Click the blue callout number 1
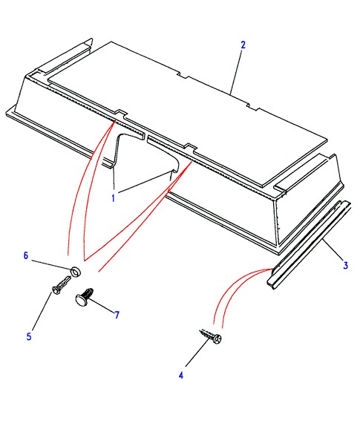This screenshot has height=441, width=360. pyautogui.click(x=114, y=198)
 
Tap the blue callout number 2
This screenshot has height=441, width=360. pyautogui.click(x=243, y=45)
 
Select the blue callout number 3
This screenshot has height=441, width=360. pyautogui.click(x=345, y=265)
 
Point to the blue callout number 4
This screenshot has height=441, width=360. pyautogui.click(x=181, y=375)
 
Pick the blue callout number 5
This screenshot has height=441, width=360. pyautogui.click(x=29, y=336)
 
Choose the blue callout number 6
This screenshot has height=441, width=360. pyautogui.click(x=26, y=255)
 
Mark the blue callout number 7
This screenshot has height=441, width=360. pyautogui.click(x=117, y=315)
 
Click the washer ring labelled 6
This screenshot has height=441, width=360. pyautogui.click(x=76, y=272)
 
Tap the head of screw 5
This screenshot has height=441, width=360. pyautogui.click(x=56, y=290)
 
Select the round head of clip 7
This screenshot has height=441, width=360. pyautogui.click(x=82, y=299)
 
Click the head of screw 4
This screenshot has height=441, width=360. pyautogui.click(x=217, y=339)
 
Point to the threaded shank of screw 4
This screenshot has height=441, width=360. pyautogui.click(x=207, y=334)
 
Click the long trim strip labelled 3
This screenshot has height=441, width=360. pyautogui.click(x=310, y=245)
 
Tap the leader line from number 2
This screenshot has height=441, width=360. pyautogui.click(x=236, y=72)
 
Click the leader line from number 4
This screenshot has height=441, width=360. pyautogui.click(x=197, y=353)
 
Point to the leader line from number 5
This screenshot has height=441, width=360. pyautogui.click(x=42, y=311)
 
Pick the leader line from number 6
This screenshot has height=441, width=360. pyautogui.click(x=50, y=265)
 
